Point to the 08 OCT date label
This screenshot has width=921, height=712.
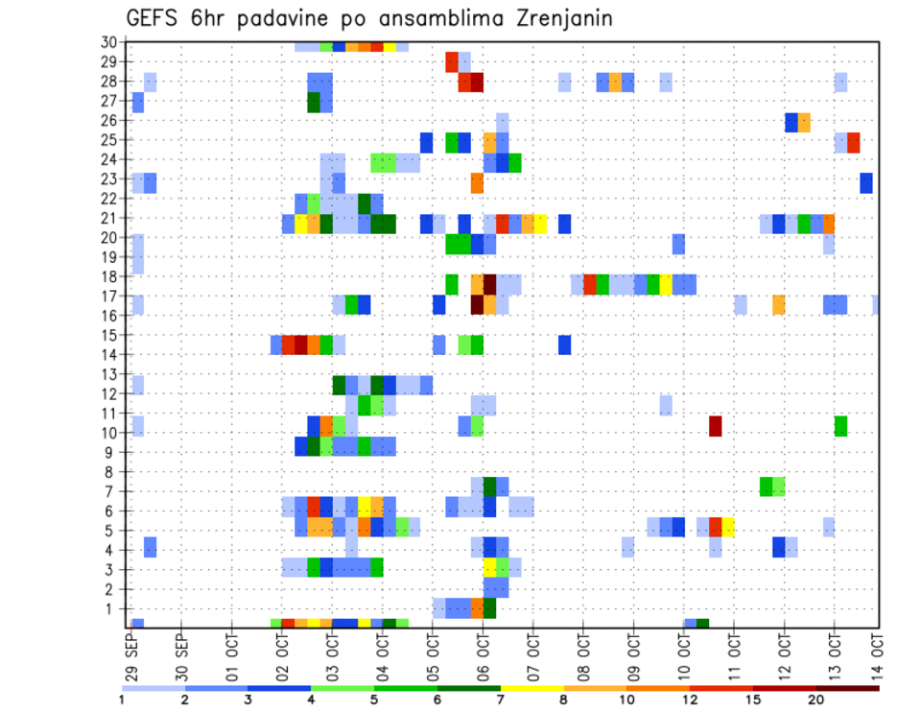coord(583,655)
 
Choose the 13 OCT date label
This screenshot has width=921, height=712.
coord(834,655)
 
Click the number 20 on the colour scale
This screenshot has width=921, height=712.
coord(816,700)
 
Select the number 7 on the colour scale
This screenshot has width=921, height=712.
coord(501,700)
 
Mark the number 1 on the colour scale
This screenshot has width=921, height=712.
coord(122,700)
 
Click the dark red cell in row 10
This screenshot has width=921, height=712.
coord(715,425)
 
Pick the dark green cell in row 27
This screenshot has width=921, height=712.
coord(314,102)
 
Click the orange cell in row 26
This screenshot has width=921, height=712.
coord(804,122)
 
